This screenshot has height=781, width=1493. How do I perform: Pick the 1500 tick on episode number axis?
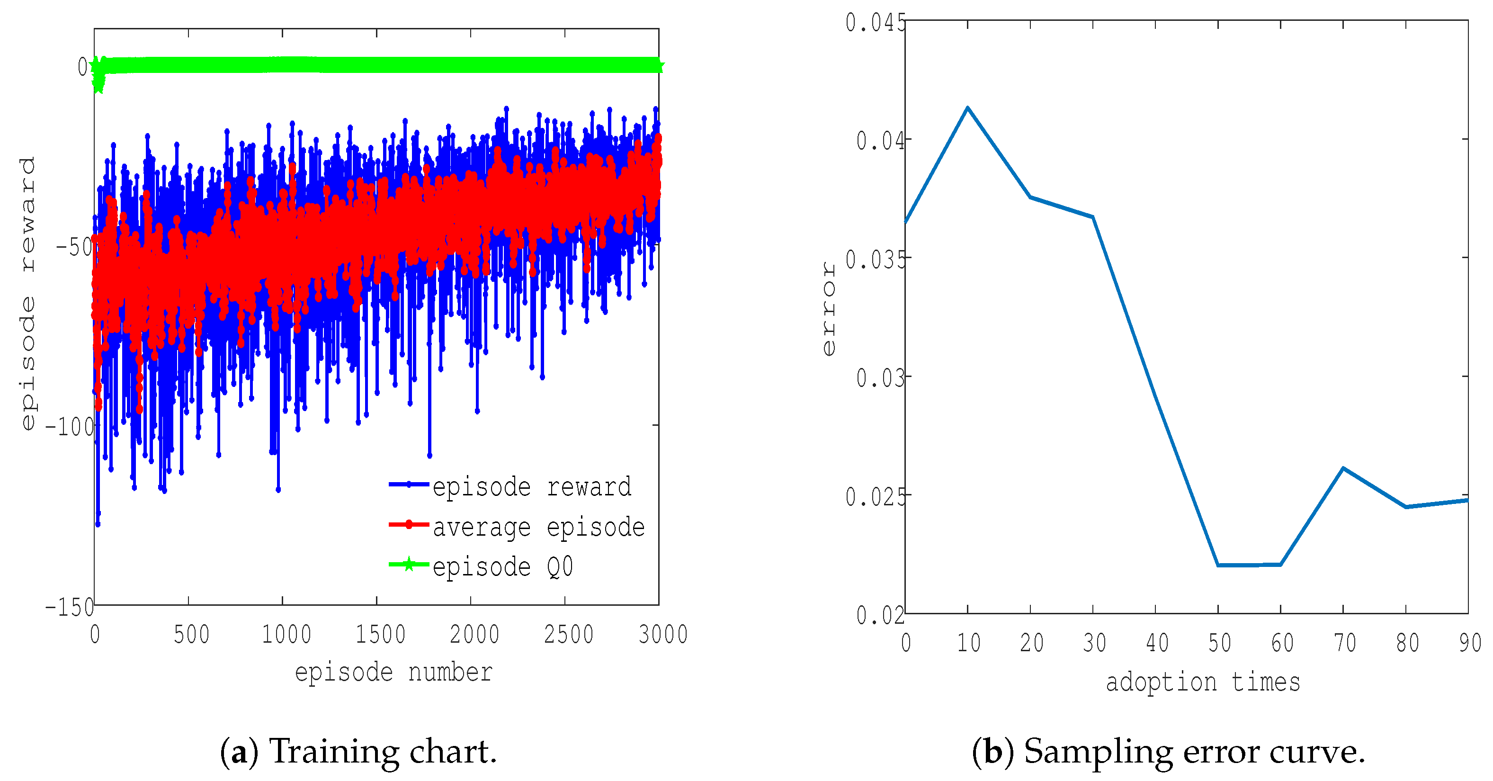(380, 634)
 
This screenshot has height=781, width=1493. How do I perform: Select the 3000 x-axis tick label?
(662, 634)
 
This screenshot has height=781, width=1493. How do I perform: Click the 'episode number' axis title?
(393, 673)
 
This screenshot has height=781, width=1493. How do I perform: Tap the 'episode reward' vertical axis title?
(27, 293)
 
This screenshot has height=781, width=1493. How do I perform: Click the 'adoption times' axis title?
(1203, 682)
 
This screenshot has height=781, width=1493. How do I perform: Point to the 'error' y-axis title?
(828, 308)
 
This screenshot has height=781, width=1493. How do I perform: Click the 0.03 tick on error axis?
(880, 378)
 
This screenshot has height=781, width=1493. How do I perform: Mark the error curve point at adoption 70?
(1343, 468)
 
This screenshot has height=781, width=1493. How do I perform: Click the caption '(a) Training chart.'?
(358, 752)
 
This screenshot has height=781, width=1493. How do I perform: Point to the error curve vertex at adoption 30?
(1092, 217)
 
